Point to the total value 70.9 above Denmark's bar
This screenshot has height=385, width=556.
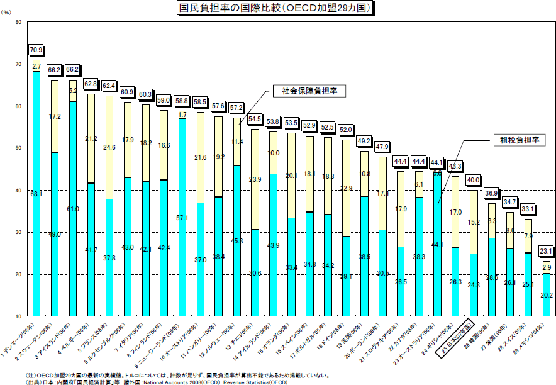pos(36,50)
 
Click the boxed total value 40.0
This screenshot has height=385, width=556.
pos(473,179)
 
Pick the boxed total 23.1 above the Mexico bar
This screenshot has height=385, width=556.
pos(547,250)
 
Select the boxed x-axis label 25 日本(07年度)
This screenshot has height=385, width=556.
pos(457,340)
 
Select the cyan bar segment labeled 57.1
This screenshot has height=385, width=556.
pos(182,217)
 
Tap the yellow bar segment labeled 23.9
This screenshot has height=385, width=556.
pos(255,179)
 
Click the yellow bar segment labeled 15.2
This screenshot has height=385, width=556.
pos(473,222)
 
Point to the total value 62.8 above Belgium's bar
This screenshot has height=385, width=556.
pos(91,84)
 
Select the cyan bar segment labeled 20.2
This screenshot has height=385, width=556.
pos(547,294)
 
